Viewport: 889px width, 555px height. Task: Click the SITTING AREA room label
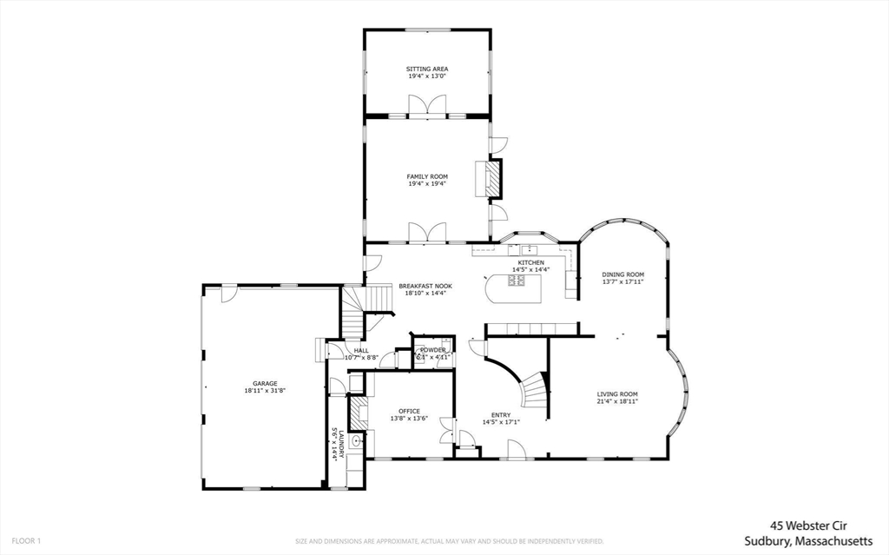(x=427, y=69)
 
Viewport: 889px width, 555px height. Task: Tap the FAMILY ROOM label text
(x=427, y=176)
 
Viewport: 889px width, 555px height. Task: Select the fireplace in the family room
(x=492, y=181)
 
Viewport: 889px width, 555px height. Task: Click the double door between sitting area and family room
(x=427, y=107)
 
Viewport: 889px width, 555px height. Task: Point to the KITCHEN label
(x=530, y=262)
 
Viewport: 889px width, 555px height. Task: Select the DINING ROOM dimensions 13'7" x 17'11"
(x=622, y=281)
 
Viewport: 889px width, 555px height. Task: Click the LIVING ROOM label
(x=617, y=394)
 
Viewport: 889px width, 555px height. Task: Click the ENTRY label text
(x=501, y=415)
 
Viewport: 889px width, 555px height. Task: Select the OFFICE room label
(x=409, y=411)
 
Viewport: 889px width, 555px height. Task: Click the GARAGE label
(x=265, y=383)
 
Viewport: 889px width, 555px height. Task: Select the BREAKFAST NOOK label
(x=421, y=286)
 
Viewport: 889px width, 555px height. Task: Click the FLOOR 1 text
(x=27, y=541)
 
